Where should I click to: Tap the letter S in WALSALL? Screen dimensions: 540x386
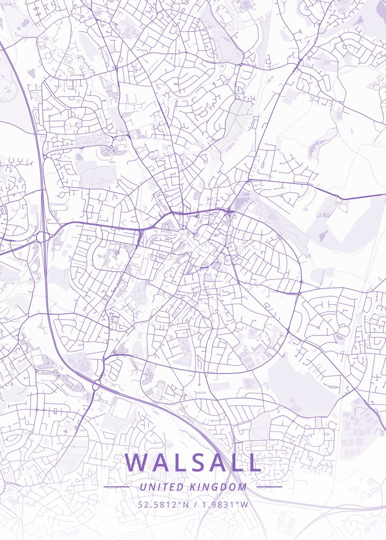[x=194, y=463]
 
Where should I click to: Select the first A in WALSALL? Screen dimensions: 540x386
[x=160, y=463]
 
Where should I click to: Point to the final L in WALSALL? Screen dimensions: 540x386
[x=255, y=463]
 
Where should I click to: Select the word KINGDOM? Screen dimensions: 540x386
[x=218, y=487]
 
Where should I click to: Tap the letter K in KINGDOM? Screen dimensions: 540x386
[x=193, y=487]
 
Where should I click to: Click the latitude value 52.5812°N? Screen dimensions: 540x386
[x=163, y=504]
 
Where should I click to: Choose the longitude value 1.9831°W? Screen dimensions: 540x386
[x=224, y=504]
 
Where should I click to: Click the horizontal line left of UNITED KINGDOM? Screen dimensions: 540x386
[x=117, y=487]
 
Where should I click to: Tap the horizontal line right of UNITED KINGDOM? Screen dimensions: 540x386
[x=269, y=487]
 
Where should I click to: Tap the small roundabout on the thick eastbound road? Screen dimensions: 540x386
[x=337, y=197]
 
